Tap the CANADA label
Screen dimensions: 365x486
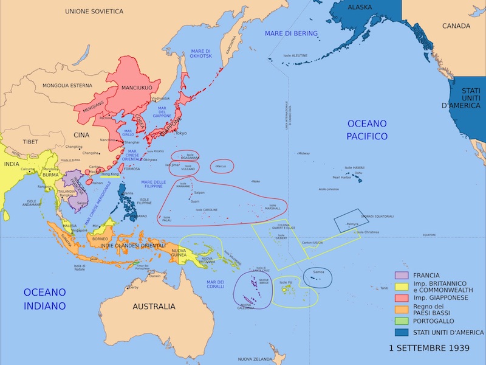pyautogui.click(x=456, y=26)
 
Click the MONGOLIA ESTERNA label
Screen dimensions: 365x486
pyautogui.click(x=67, y=86)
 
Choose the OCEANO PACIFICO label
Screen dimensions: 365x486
pyautogui.click(x=367, y=130)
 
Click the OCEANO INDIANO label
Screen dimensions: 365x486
pyautogui.click(x=44, y=299)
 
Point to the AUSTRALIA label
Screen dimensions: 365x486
pyautogui.click(x=154, y=306)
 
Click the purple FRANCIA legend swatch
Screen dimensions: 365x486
pyautogui.click(x=401, y=276)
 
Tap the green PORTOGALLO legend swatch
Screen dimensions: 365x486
pyautogui.click(x=401, y=321)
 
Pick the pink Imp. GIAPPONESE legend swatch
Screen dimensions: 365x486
pyautogui.click(x=401, y=298)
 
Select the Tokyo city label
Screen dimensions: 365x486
pyautogui.click(x=181, y=133)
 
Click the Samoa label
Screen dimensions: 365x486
pyautogui.click(x=318, y=271)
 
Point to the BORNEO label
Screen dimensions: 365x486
pyautogui.click(x=100, y=238)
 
